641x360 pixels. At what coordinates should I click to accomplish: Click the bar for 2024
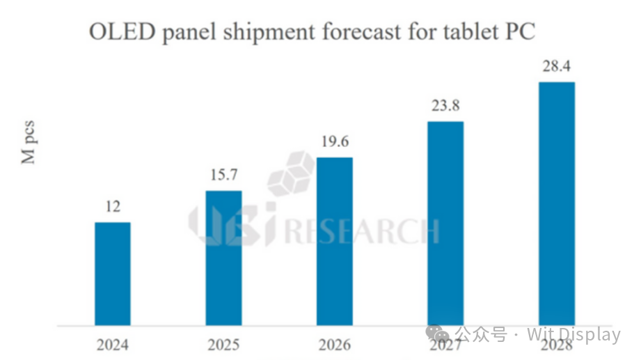click(x=112, y=274)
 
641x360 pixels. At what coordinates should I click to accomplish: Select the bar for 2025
click(x=223, y=258)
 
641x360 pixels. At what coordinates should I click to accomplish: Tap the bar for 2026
click(x=334, y=241)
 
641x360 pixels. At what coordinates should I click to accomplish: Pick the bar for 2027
click(x=445, y=223)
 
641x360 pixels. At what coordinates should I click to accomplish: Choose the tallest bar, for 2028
click(x=556, y=203)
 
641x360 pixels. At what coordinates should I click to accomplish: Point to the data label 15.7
click(x=223, y=176)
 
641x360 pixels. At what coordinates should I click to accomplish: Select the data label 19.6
click(x=334, y=143)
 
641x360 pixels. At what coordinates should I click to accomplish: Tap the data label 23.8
click(x=445, y=107)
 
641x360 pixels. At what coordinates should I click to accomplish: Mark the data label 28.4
click(x=556, y=68)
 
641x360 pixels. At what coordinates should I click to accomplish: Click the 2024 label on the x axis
click(x=112, y=345)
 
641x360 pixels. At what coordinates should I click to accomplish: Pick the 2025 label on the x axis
click(x=223, y=345)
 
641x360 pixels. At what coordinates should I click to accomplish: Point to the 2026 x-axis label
click(x=334, y=345)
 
